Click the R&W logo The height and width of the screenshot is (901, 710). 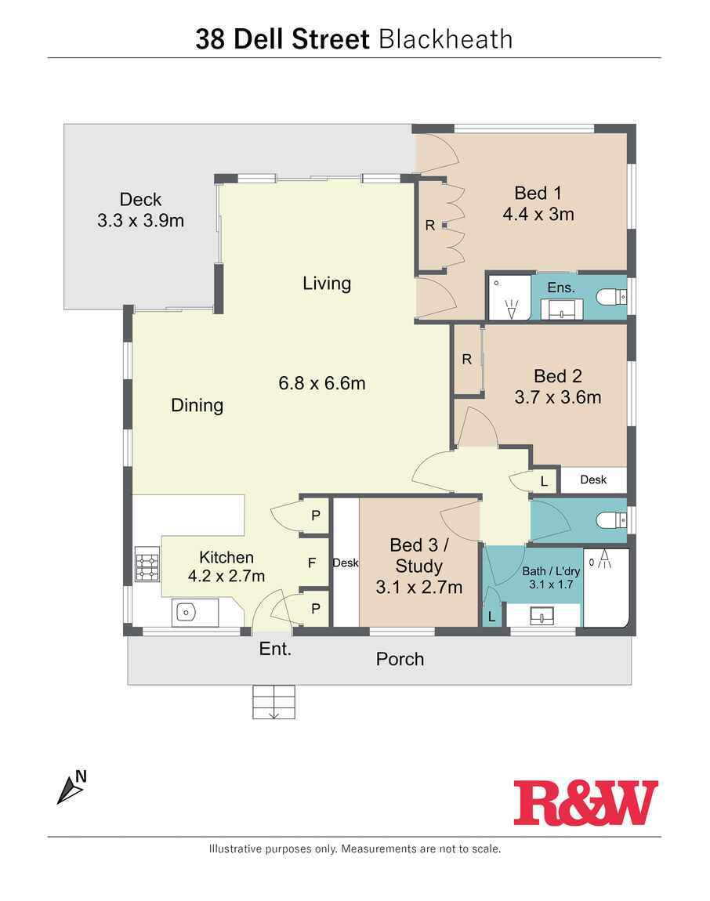tap(585, 802)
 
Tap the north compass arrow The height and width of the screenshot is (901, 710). tap(69, 791)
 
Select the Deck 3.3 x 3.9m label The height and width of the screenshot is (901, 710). tap(140, 210)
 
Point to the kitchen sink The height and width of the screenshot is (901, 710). tap(186, 613)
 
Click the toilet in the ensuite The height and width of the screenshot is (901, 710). tap(610, 297)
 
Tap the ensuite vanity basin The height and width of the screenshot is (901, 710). tap(561, 309)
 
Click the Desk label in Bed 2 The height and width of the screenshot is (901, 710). tap(592, 479)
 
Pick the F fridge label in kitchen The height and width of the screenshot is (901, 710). tap(312, 563)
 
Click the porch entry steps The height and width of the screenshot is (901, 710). tap(273, 702)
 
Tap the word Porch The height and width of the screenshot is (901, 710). tap(400, 659)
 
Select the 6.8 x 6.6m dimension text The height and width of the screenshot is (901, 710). tap(322, 383)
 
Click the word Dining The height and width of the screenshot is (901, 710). tap(197, 406)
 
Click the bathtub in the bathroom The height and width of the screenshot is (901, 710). tap(607, 588)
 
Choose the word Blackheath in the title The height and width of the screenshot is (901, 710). tap(446, 39)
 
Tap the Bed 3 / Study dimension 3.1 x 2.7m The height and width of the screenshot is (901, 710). tap(419, 588)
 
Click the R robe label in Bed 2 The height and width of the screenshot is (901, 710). tap(467, 360)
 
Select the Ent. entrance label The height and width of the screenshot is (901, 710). tap(275, 649)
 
